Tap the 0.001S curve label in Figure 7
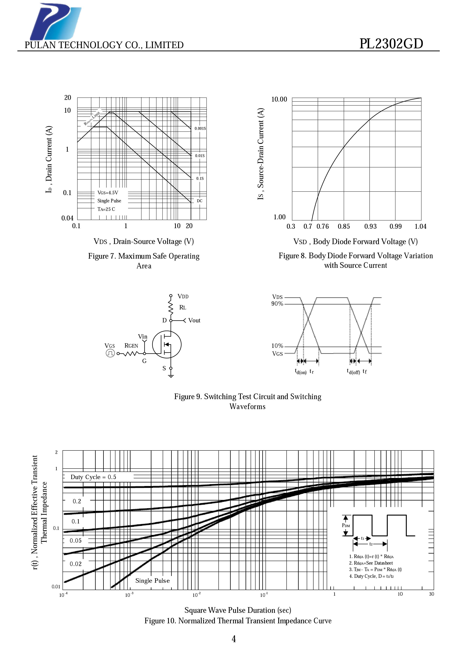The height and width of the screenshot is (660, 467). click(x=200, y=128)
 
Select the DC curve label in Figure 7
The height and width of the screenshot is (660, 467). click(x=199, y=201)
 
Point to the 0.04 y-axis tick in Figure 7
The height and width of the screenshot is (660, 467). click(x=67, y=218)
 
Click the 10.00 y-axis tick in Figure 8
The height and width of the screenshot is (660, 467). click(x=279, y=99)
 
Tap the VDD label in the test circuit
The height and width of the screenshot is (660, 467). click(x=183, y=296)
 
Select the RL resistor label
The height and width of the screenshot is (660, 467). click(x=183, y=308)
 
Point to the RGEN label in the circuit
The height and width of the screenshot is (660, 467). click(x=131, y=346)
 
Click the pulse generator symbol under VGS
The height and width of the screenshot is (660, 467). click(x=110, y=353)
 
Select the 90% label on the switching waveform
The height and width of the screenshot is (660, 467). click(x=277, y=304)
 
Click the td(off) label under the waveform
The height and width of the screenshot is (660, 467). click(x=353, y=372)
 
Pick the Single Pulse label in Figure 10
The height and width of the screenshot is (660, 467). click(x=153, y=581)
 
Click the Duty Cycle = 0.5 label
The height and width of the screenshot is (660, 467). click(x=94, y=477)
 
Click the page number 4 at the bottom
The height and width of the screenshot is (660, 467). click(x=234, y=639)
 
